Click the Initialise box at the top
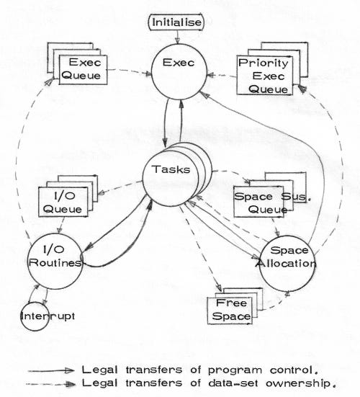176,23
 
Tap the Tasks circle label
173,171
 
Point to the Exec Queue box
78,68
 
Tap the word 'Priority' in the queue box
264,63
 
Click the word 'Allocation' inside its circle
289,263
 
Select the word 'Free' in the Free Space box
233,303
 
